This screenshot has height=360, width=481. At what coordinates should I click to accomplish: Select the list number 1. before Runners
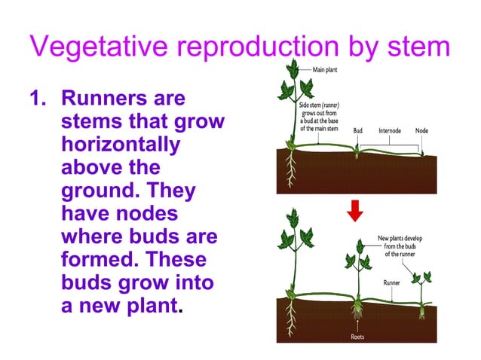click(x=39, y=99)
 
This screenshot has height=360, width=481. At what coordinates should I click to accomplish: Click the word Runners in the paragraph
click(x=103, y=99)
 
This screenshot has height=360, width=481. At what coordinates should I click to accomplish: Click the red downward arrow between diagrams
click(x=356, y=213)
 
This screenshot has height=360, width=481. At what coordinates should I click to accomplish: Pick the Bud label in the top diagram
click(x=358, y=130)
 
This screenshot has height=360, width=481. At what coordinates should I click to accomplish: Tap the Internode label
click(x=391, y=130)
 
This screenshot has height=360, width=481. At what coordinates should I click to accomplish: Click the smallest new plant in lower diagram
click(x=419, y=290)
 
